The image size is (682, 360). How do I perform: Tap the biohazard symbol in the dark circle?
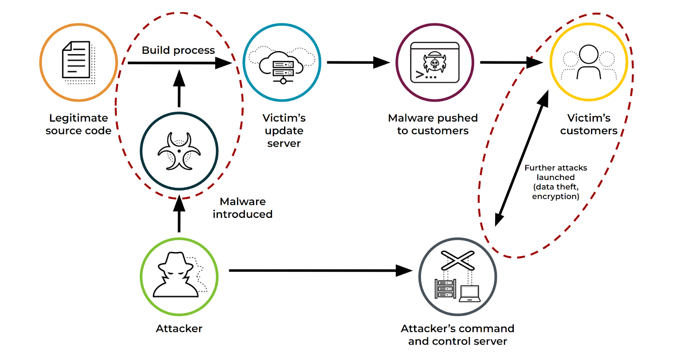click(x=179, y=151)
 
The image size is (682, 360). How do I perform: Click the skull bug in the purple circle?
click(x=435, y=63)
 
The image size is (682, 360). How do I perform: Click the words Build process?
click(x=178, y=50)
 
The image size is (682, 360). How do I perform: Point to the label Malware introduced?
click(x=242, y=208)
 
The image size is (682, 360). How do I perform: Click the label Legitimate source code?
click(x=78, y=124)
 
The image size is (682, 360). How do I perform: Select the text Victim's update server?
click(x=284, y=130)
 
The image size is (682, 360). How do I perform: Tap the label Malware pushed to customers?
click(x=433, y=124)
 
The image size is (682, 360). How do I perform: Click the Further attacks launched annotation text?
click(x=555, y=182)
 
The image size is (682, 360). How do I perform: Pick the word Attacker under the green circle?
click(x=179, y=328)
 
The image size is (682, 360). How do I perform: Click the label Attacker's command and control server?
click(x=457, y=335)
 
